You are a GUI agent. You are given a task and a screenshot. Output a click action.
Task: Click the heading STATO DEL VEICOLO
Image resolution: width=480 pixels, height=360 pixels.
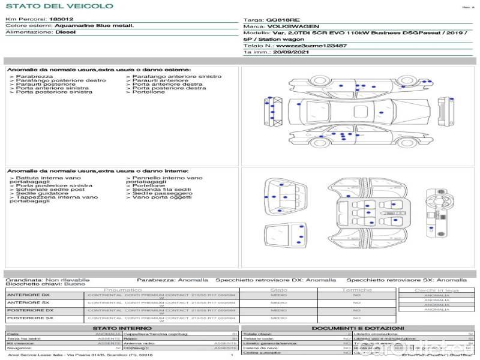(59, 6)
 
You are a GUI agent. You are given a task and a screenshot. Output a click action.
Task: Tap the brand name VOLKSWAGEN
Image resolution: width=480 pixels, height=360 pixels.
(293, 26)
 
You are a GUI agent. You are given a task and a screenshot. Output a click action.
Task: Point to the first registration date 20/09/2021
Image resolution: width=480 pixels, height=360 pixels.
(290, 52)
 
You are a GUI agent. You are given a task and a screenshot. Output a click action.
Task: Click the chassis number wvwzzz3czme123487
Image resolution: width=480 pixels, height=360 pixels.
(311, 46)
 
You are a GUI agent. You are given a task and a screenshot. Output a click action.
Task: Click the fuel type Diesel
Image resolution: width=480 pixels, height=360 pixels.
(65, 32)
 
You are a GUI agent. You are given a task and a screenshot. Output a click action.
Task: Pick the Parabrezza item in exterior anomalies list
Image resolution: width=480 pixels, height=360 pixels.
(34, 77)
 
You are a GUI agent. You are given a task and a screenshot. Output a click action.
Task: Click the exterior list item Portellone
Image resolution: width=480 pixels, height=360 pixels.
(148, 92)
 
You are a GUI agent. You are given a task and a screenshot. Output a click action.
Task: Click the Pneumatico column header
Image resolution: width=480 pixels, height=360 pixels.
(122, 290)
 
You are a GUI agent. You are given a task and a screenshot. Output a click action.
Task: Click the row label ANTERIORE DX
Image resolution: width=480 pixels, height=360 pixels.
(28, 295)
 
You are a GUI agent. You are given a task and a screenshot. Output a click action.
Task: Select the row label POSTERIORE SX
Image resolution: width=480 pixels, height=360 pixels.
(30, 318)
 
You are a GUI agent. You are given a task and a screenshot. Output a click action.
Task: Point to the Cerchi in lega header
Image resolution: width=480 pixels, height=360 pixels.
(436, 290)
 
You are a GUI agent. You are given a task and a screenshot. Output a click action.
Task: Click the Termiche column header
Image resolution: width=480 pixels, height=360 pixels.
(356, 290)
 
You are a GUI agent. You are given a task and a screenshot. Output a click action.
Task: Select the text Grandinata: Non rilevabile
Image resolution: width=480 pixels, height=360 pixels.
(47, 280)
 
